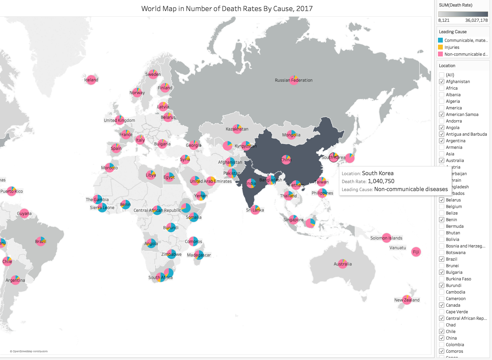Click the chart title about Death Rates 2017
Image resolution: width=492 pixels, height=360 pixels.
227,9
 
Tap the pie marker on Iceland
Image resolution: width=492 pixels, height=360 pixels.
91,80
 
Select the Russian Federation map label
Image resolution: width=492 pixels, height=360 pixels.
294,80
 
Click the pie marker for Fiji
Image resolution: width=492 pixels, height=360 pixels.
416,252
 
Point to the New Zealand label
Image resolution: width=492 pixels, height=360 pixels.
407,300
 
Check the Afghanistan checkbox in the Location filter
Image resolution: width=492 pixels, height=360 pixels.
441,82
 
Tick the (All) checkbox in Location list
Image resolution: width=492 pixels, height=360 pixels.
441,75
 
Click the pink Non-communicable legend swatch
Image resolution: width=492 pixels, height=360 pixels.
440,54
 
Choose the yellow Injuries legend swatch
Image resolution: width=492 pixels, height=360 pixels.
440,47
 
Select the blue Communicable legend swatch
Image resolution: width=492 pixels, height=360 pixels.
440,40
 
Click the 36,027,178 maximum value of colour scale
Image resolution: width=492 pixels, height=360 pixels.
476,20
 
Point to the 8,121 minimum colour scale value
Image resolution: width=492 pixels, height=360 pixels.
444,20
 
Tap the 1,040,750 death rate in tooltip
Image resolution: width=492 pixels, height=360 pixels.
381,181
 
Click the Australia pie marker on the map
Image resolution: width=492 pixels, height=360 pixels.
343,263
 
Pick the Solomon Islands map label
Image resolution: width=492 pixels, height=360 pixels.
386,238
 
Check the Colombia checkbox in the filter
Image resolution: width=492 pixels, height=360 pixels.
441,345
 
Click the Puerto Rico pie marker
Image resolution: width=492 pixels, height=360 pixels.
11,191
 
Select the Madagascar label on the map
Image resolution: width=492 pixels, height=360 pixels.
199,255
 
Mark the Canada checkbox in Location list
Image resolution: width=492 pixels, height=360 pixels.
441,305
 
